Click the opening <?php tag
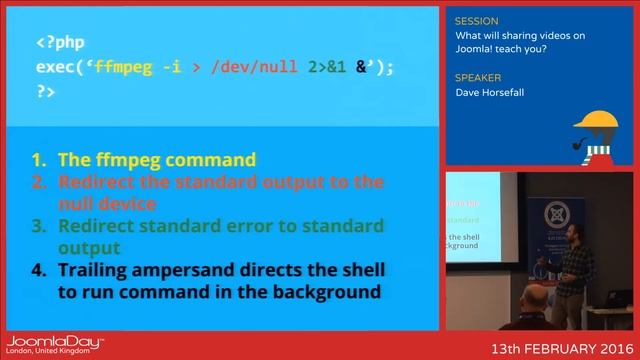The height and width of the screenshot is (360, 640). click(61, 44)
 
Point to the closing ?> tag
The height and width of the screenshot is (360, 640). click(46, 91)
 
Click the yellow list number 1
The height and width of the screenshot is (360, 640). click(39, 159)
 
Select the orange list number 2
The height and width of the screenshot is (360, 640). click(39, 182)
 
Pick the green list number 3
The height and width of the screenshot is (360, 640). click(39, 226)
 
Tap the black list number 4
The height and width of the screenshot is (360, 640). click(39, 271)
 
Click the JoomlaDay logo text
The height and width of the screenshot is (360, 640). click(55, 342)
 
